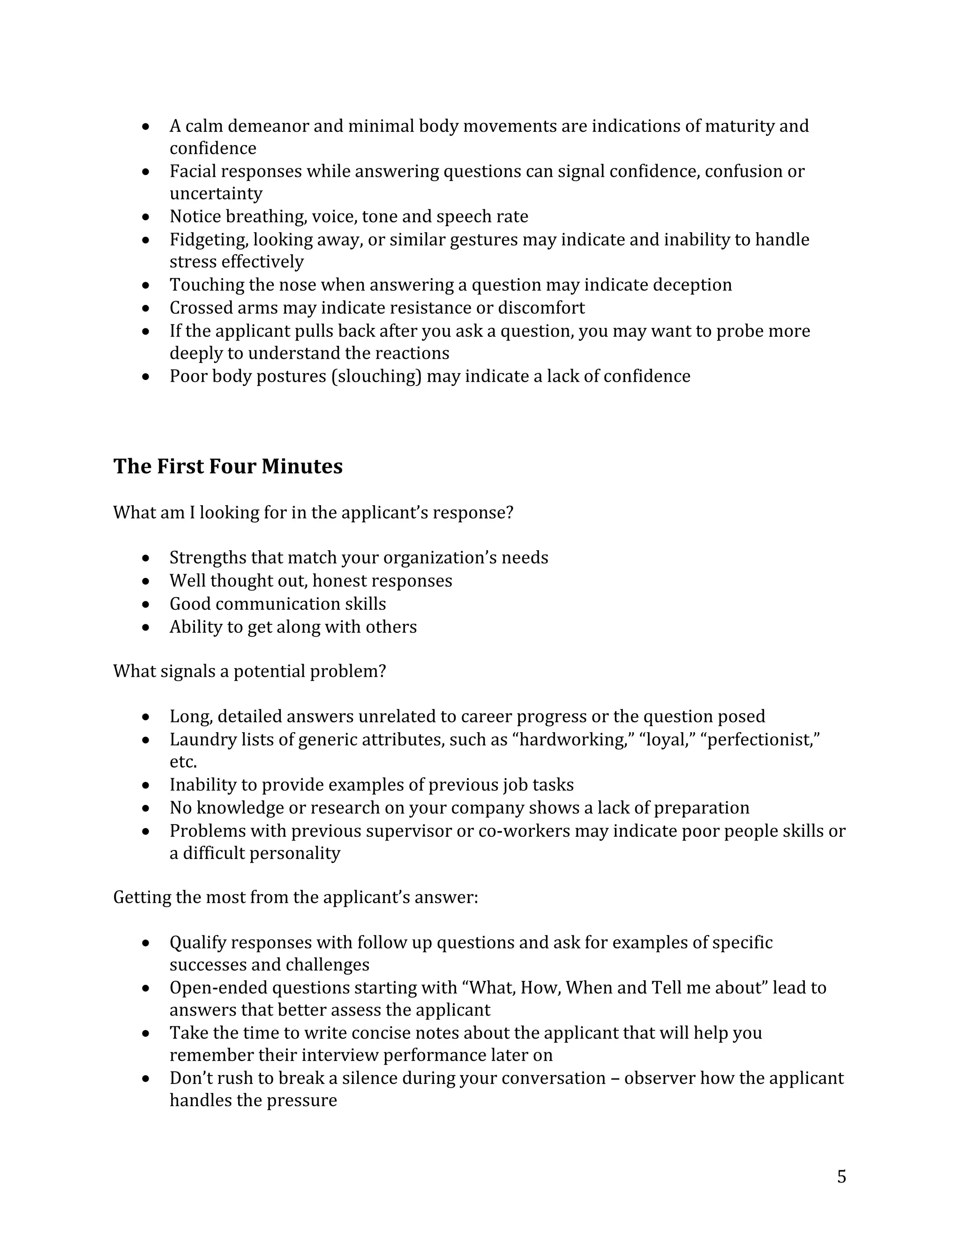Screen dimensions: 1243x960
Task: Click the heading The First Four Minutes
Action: pos(227,466)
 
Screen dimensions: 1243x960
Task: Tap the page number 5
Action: pos(841,1176)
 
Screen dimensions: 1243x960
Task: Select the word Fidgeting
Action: pos(208,240)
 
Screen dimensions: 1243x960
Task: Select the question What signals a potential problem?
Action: pos(249,671)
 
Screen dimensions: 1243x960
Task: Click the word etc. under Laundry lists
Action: pos(183,761)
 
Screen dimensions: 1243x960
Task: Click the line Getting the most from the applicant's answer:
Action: pos(295,897)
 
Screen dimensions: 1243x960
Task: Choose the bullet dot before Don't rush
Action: pos(146,1078)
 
